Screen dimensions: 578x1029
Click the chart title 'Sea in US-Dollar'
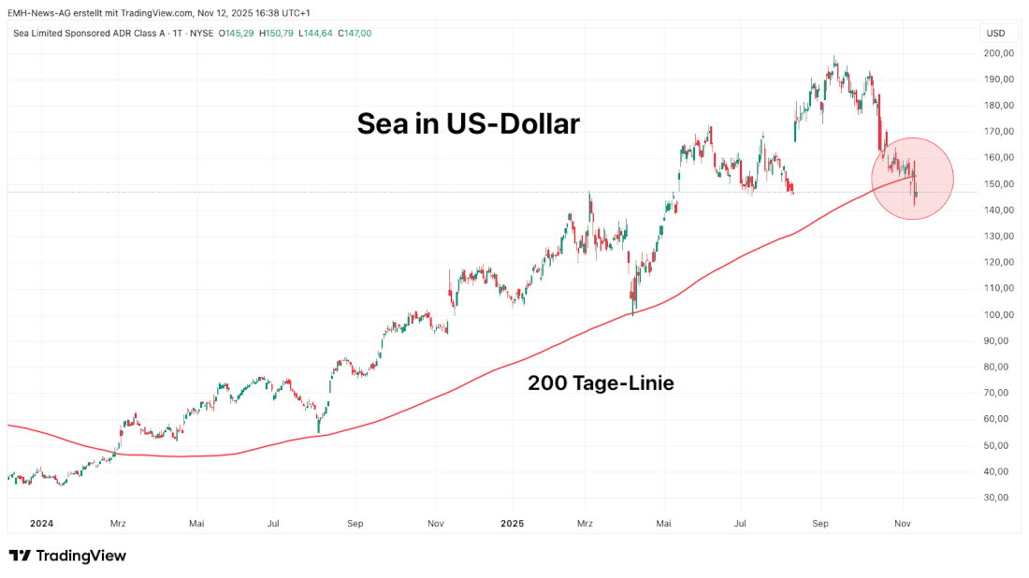point(468,124)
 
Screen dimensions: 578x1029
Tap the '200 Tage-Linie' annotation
point(601,383)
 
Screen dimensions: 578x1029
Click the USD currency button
point(995,34)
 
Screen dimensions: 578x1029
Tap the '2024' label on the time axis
point(40,524)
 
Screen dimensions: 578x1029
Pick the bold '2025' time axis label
point(514,524)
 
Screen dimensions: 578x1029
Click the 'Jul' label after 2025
point(740,524)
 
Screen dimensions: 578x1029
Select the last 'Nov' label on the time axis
point(903,524)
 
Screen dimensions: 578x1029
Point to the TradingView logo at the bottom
point(67,556)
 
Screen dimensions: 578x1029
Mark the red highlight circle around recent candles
point(912,179)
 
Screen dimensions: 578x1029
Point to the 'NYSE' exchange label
point(200,34)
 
